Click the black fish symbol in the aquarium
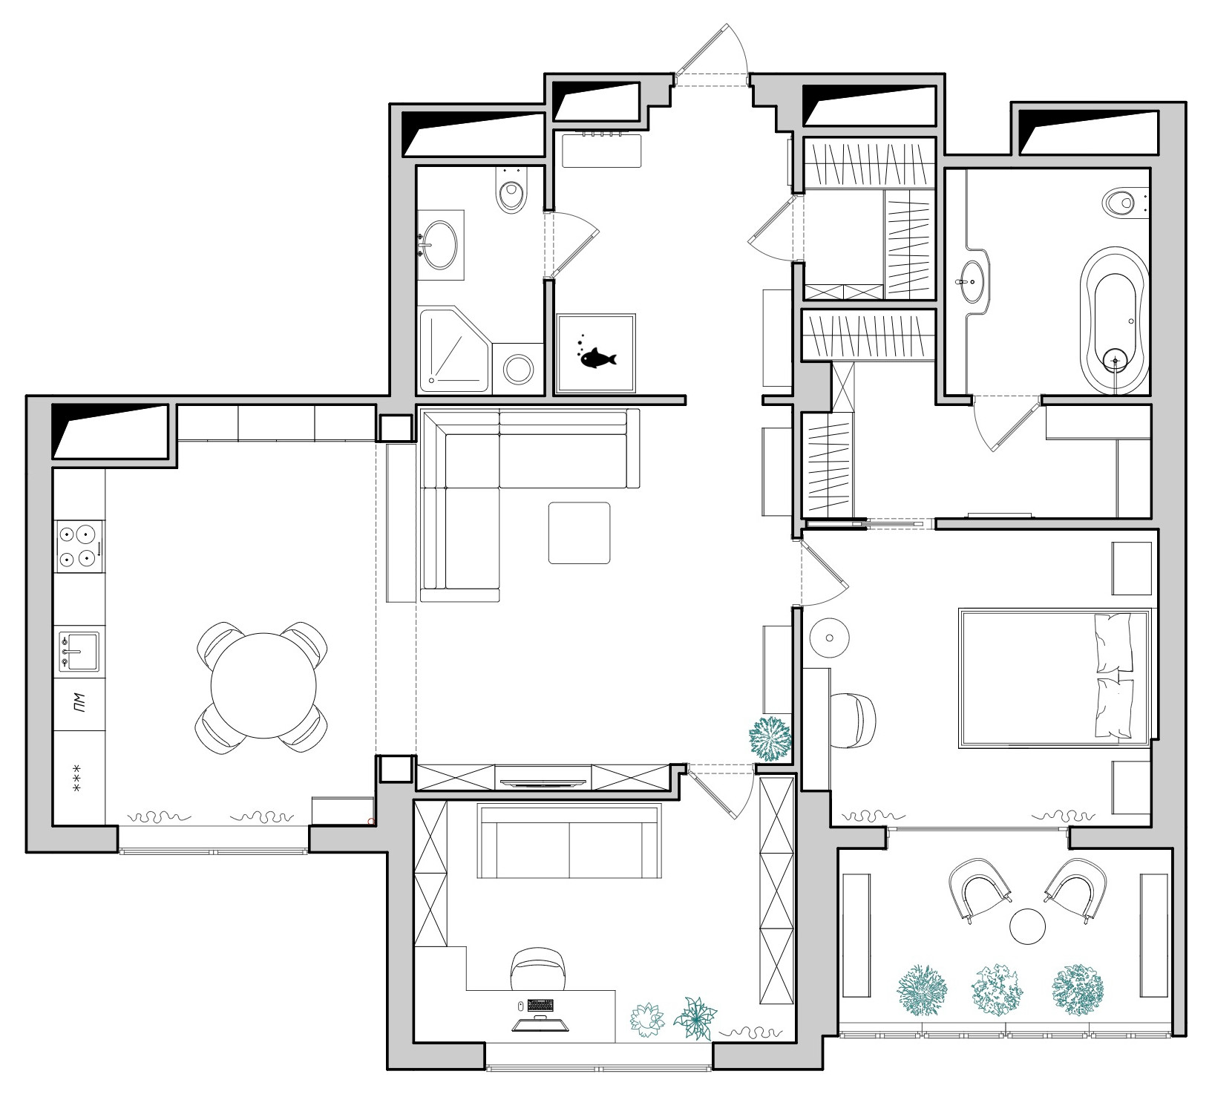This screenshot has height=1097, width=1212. click(x=597, y=358)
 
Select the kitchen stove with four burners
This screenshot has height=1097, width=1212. click(x=78, y=546)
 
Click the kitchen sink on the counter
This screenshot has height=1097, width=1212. click(x=78, y=651)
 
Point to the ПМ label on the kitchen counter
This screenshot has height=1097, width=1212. click(x=79, y=702)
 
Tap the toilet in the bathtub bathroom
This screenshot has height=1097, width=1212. click(x=1121, y=202)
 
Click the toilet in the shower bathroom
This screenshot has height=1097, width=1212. click(x=511, y=194)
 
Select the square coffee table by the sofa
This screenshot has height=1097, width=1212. click(x=579, y=533)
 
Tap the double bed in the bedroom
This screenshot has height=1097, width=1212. click(x=1054, y=676)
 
